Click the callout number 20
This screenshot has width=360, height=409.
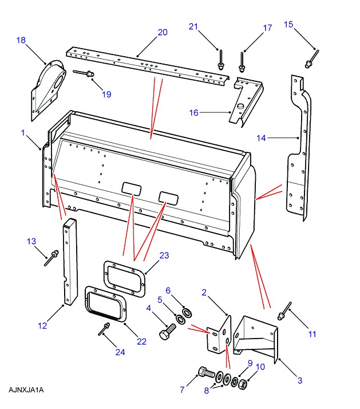[x=163, y=32]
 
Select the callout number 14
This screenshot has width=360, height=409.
[x=262, y=137]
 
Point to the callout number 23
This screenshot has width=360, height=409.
[x=164, y=255]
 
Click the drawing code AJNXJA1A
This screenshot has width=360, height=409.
[x=26, y=390]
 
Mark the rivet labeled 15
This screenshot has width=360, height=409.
[x=312, y=56]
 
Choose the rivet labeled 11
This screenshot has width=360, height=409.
[x=284, y=312]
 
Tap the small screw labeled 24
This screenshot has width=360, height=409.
[x=104, y=329]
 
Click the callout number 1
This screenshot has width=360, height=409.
[x=23, y=132]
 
